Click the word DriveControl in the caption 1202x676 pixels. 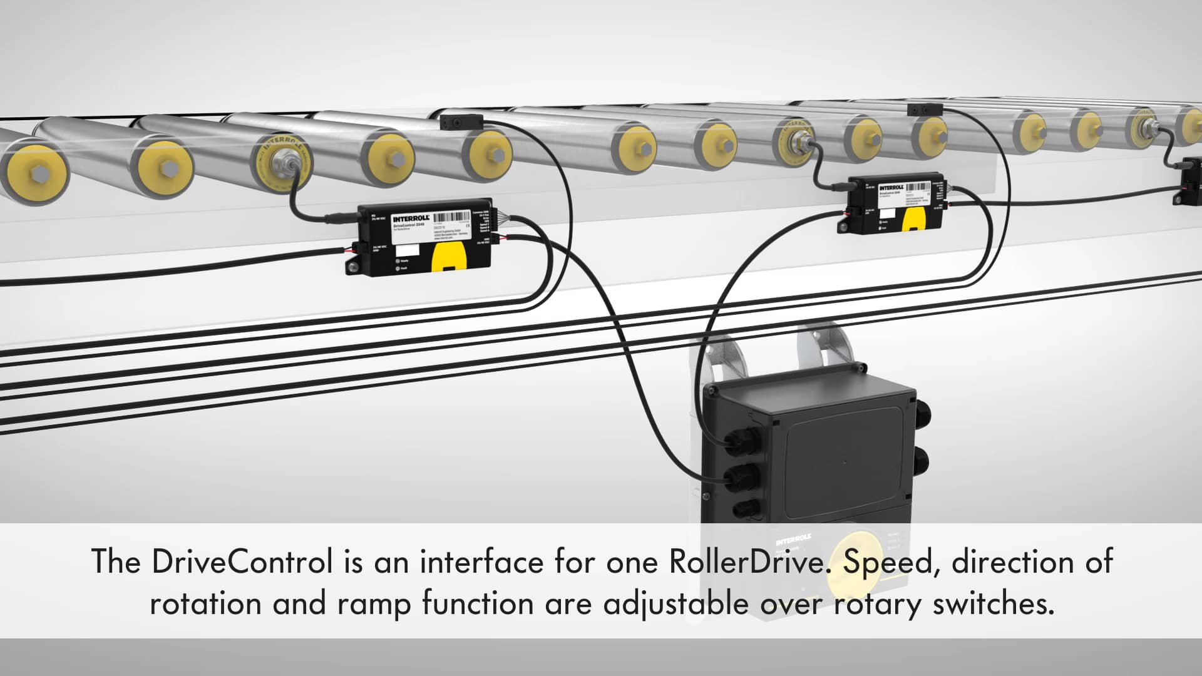pyautogui.click(x=242, y=561)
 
